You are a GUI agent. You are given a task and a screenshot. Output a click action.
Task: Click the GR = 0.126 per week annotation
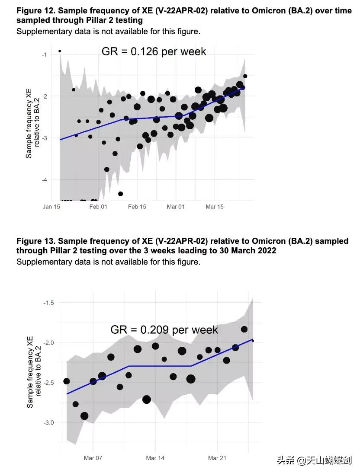[x=154, y=51]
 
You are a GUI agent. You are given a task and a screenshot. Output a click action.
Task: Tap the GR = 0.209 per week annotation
[x=164, y=330]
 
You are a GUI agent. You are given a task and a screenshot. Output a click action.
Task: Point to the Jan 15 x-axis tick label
[x=51, y=207]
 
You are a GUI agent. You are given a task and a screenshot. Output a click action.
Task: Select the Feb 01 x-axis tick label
[x=98, y=207]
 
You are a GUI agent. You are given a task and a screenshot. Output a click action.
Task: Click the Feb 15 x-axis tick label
[x=137, y=207]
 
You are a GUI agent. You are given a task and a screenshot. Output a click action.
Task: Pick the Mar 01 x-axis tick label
[x=176, y=207]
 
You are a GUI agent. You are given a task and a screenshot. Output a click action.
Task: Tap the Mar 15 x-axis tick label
[x=215, y=207]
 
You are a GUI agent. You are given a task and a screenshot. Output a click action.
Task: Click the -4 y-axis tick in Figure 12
[x=44, y=179]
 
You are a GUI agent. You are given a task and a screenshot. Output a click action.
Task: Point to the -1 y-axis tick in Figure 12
[x=44, y=54]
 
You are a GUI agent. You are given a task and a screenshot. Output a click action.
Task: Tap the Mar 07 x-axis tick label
[x=93, y=458]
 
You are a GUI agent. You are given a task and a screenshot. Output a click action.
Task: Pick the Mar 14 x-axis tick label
[x=155, y=458]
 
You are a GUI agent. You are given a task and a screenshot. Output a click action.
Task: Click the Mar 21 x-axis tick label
[x=217, y=458]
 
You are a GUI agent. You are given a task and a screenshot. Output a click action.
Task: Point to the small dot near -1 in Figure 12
[x=60, y=51]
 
